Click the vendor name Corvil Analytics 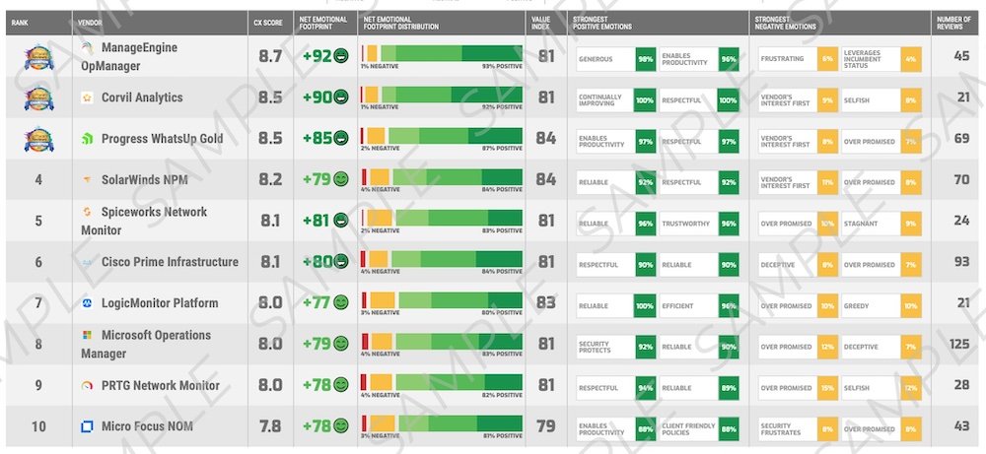pos(142,97)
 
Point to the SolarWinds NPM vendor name pos(146,179)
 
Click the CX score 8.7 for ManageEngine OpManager pos(270,56)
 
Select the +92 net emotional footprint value pos(317,56)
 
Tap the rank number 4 pos(38,179)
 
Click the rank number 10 pos(38,425)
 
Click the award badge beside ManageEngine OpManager pos(38,56)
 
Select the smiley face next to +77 pos(341,303)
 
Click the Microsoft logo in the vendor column pos(88,335)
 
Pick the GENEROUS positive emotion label pos(597,59)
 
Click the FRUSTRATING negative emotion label pos(783,59)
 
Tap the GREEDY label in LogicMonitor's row pos(856,305)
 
